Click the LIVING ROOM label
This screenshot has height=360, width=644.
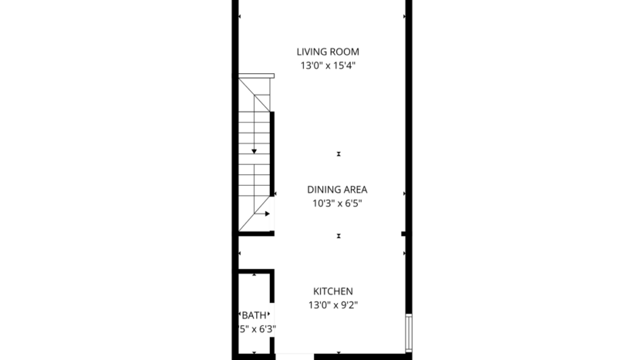click(x=328, y=52)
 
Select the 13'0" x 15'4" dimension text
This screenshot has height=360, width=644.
click(x=328, y=66)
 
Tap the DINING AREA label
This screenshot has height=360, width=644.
click(x=337, y=190)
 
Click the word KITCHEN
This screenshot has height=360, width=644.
click(x=332, y=291)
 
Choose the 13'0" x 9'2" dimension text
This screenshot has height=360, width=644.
click(x=332, y=305)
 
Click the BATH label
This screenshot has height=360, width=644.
click(x=254, y=315)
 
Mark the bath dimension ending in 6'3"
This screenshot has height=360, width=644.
click(x=258, y=329)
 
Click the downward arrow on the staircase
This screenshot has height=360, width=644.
click(x=254, y=150)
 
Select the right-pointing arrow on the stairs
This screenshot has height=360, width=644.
click(x=267, y=214)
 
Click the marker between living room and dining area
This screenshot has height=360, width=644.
click(x=338, y=154)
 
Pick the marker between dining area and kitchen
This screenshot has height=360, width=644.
click(x=338, y=236)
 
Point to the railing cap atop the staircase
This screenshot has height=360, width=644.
click(x=256, y=76)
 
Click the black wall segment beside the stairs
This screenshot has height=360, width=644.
click(x=273, y=154)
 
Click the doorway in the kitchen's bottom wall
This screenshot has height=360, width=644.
click(x=295, y=356)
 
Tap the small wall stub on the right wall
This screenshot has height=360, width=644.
click(x=403, y=233)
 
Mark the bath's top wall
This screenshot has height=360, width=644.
click(x=255, y=271)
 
